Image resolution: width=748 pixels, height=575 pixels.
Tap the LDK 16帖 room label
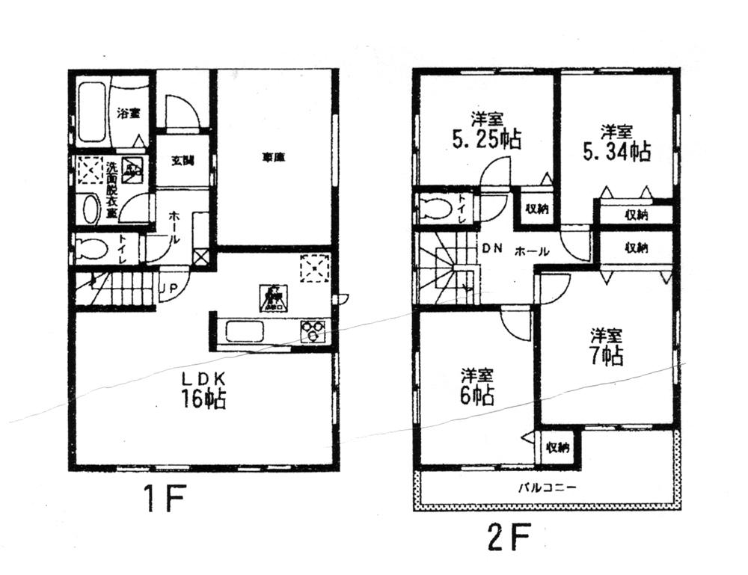203,389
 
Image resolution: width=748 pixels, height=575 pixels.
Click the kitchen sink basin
245,331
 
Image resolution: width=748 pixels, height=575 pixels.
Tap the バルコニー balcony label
547,488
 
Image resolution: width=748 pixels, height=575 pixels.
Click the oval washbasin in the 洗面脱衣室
91,209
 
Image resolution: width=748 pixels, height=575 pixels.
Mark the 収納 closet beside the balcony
557,448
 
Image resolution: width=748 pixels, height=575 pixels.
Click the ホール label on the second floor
532,252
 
